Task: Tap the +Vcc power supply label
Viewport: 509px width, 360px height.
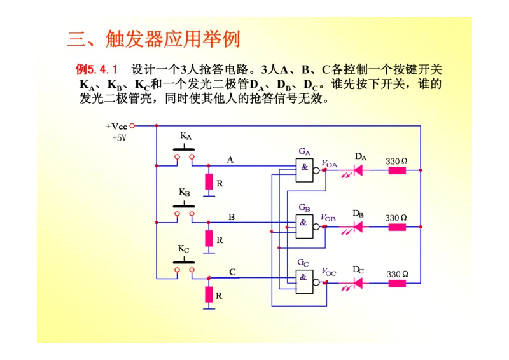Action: pyautogui.click(x=117, y=126)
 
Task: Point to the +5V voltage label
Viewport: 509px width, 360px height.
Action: pyautogui.click(x=119, y=137)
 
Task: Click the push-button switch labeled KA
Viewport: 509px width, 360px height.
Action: pyautogui.click(x=184, y=153)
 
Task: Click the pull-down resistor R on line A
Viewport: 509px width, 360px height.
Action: pyautogui.click(x=209, y=182)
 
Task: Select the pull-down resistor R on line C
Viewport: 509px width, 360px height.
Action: pyautogui.click(x=209, y=294)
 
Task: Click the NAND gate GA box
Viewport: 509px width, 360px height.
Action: pyautogui.click(x=305, y=170)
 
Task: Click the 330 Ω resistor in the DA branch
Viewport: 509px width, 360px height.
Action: pyautogui.click(x=396, y=170)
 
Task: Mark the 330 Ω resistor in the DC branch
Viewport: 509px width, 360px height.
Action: pyautogui.click(x=396, y=283)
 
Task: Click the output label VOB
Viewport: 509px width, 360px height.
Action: pyautogui.click(x=328, y=218)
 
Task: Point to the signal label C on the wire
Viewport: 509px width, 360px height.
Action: pyautogui.click(x=232, y=272)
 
